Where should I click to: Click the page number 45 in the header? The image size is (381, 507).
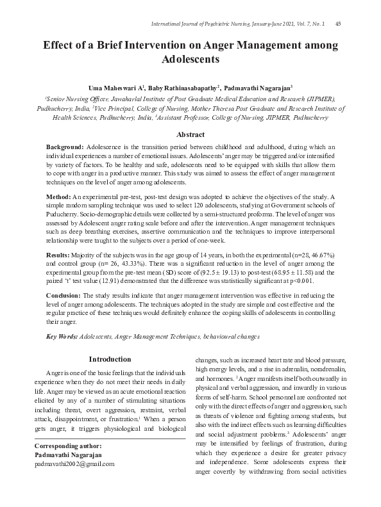click(x=338, y=24)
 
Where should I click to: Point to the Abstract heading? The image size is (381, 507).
click(x=190, y=134)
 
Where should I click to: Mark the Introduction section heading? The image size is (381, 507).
click(x=110, y=360)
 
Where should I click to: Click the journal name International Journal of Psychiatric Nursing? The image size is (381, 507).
click(x=211, y=24)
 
